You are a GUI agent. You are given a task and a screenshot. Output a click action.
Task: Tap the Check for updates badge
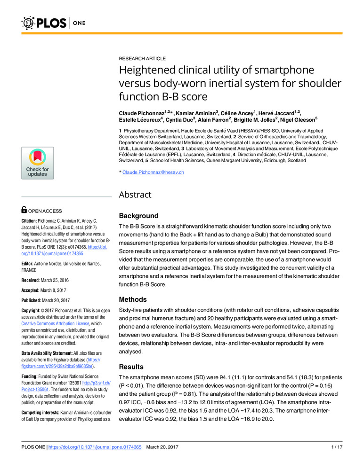(x=37, y=163)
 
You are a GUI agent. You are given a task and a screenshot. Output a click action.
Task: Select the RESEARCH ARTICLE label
(x=142, y=59)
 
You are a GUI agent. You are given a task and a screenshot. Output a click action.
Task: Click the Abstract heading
(x=135, y=195)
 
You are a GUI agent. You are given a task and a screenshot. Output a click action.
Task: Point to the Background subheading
(x=138, y=216)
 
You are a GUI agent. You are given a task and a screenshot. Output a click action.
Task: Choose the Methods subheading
(x=133, y=299)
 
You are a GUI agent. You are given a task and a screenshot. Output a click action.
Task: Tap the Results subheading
(x=131, y=367)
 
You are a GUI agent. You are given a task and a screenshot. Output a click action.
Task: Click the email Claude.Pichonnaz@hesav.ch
(x=153, y=172)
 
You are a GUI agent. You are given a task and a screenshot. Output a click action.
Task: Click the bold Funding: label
(x=32, y=376)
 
